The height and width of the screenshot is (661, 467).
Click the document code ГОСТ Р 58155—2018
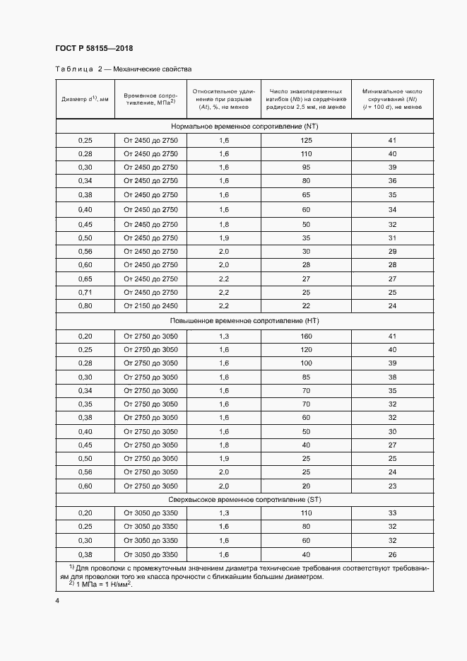pos(94,48)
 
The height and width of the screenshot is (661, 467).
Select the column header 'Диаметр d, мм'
pos(85,99)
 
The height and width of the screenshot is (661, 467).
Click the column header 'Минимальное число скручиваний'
pos(392,99)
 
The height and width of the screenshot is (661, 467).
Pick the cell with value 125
pos(306,140)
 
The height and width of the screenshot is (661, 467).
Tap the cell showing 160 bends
pos(306,337)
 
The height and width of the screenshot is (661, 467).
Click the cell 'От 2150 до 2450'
pos(150,306)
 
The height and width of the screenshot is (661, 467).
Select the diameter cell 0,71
pos(85,292)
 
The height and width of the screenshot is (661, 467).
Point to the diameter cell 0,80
pos(85,306)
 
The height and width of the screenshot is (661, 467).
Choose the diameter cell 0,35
pos(85,404)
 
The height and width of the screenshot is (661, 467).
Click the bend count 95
pos(306,168)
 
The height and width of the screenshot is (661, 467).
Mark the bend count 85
pos(306,378)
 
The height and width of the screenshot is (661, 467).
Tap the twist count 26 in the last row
pos(392,554)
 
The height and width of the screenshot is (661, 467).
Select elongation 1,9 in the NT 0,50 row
pos(224,237)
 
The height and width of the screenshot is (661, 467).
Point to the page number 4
pos(57,601)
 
